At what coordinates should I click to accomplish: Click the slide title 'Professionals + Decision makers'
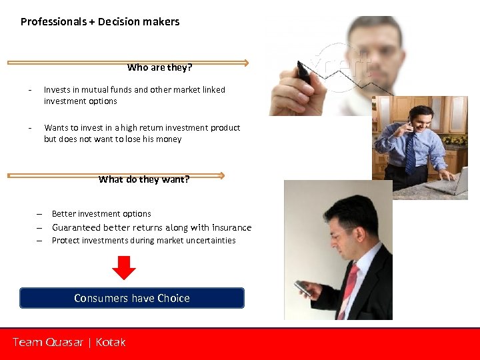point(100,21)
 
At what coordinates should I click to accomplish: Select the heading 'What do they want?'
point(144,179)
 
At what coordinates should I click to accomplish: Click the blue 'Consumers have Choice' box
point(132,298)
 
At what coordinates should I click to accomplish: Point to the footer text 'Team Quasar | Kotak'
point(69,342)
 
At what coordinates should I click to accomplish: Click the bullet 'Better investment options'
point(101,214)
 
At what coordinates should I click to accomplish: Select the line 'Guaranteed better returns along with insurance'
point(151,227)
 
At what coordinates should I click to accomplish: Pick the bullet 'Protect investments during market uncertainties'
point(143,241)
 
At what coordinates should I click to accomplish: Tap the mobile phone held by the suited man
point(303,287)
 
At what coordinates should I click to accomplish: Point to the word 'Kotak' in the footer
point(111,342)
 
